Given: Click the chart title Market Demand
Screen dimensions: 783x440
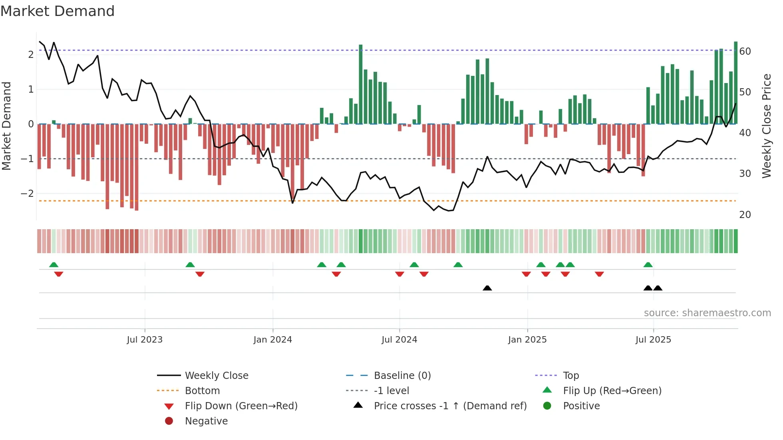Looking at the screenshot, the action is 58,11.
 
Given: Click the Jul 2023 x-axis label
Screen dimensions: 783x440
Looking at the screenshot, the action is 145,340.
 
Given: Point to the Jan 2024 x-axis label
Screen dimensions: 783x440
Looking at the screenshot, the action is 273,340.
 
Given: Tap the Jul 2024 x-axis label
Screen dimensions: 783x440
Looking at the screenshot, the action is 399,340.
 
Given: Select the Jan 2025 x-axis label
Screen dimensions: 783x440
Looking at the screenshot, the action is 527,340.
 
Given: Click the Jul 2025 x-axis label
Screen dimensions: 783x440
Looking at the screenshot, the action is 653,340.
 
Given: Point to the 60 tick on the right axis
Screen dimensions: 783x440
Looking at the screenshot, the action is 745,52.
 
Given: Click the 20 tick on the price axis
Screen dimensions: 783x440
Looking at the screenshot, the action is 745,215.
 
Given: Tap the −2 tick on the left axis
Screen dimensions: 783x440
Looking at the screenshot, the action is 27,194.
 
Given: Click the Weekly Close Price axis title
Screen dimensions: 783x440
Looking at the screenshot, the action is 766,126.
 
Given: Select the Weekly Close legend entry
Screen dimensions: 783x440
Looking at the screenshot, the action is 216,376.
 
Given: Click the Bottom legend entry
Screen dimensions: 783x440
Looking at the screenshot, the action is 202,391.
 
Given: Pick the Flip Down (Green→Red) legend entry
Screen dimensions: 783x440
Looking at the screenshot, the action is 241,406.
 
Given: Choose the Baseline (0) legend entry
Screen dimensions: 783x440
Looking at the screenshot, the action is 402,376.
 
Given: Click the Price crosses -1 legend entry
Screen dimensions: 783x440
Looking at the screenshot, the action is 450,406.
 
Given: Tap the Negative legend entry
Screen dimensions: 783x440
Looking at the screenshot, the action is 206,421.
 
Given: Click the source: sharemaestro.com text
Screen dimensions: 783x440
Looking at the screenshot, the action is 707,313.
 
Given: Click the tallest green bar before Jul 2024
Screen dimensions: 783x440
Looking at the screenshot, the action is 361,84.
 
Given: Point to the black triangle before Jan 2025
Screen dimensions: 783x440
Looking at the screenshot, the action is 487,288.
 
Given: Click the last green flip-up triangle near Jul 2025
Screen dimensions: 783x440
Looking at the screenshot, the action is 648,265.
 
